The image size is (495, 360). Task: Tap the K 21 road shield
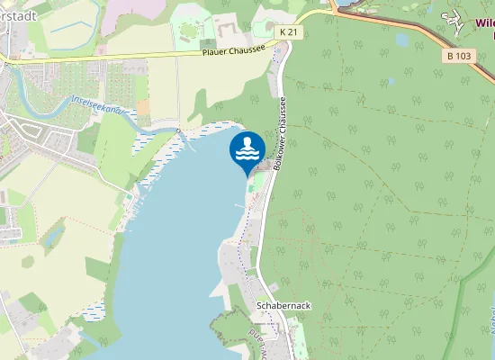coord(288,31)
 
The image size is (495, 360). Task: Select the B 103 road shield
coord(459,55)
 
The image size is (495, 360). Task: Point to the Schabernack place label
coord(283,306)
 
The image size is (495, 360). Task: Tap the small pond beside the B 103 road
coord(402,40)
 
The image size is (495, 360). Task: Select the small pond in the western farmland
coord(52,236)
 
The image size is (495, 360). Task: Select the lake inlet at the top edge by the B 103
coord(346,4)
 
